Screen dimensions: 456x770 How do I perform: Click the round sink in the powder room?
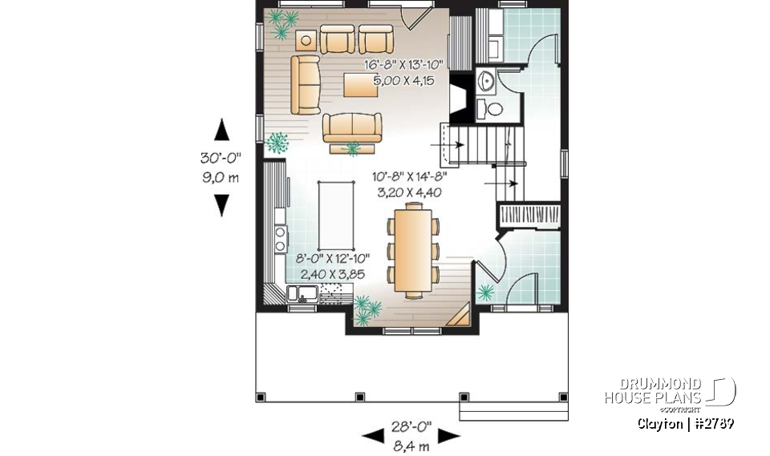point(487,80)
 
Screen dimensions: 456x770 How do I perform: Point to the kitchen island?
point(338,215)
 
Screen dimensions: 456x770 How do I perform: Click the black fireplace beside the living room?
point(458,99)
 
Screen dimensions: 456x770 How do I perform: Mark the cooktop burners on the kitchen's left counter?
point(282,240)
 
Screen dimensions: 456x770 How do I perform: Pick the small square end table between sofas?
point(306,41)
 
